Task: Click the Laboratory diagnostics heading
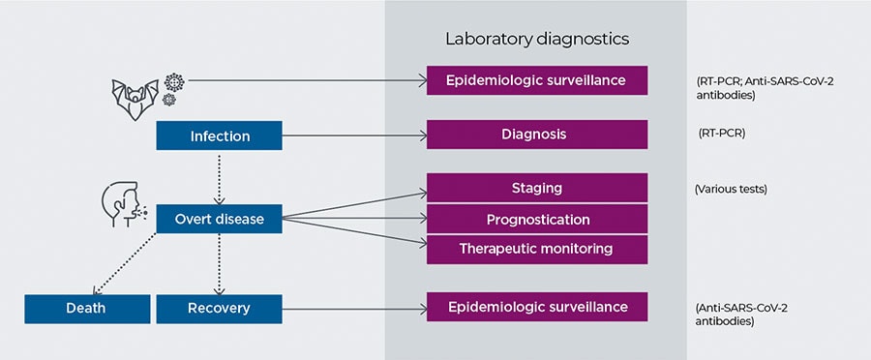click(536, 39)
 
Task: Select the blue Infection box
click(219, 135)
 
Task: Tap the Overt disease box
click(219, 219)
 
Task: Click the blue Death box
click(87, 309)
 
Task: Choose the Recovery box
click(219, 309)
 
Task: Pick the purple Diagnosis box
click(537, 135)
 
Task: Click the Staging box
click(537, 188)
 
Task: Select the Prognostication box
click(537, 219)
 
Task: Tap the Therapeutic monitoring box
click(537, 250)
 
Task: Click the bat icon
click(135, 100)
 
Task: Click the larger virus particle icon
click(174, 82)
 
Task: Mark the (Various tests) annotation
click(731, 190)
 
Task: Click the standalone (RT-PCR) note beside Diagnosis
click(722, 134)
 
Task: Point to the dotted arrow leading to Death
click(125, 263)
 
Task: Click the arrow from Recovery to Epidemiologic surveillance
click(354, 309)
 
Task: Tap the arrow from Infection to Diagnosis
click(354, 135)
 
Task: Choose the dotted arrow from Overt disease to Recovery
click(219, 264)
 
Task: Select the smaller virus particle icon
click(168, 100)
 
